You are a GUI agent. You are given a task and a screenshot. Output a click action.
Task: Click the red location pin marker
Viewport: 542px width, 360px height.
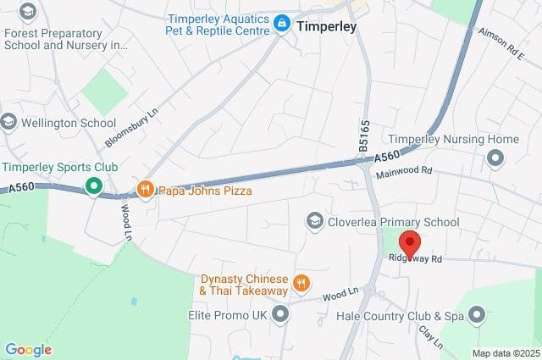(411, 243)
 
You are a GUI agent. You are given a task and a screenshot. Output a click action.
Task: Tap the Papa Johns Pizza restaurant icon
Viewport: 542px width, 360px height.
(145, 189)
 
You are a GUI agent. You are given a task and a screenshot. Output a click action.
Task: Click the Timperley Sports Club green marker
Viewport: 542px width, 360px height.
(94, 186)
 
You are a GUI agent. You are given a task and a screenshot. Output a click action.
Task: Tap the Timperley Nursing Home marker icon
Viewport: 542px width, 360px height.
(495, 158)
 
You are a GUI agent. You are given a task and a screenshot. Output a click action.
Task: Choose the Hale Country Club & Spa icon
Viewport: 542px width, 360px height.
(477, 315)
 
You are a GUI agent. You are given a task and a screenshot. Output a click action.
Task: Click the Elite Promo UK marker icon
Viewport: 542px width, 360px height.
(281, 315)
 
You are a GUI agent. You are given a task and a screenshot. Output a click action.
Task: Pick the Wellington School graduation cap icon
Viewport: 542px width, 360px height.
(9, 123)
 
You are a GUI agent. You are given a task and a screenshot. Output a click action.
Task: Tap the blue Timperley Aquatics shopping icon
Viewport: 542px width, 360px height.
(281, 25)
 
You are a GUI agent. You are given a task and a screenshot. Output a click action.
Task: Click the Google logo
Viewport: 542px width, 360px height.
(28, 350)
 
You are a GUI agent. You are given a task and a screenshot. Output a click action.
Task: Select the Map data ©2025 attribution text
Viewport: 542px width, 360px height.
(506, 353)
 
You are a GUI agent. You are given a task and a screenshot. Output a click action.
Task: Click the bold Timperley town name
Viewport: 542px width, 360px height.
(325, 26)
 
